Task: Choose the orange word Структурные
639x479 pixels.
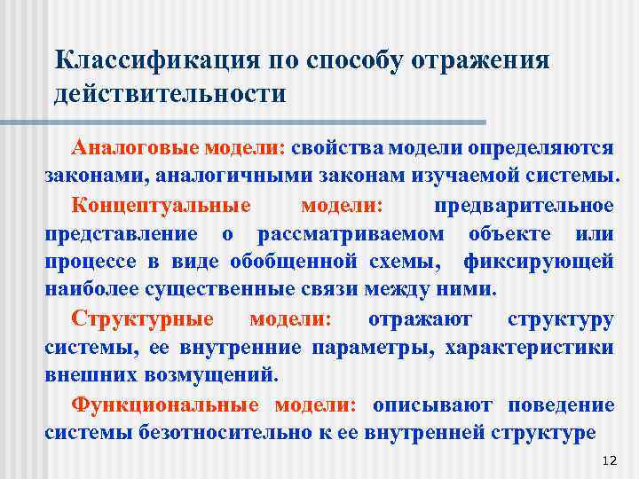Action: click(143, 318)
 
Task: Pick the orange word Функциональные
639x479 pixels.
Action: click(165, 404)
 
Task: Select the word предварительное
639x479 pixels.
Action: click(524, 205)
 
